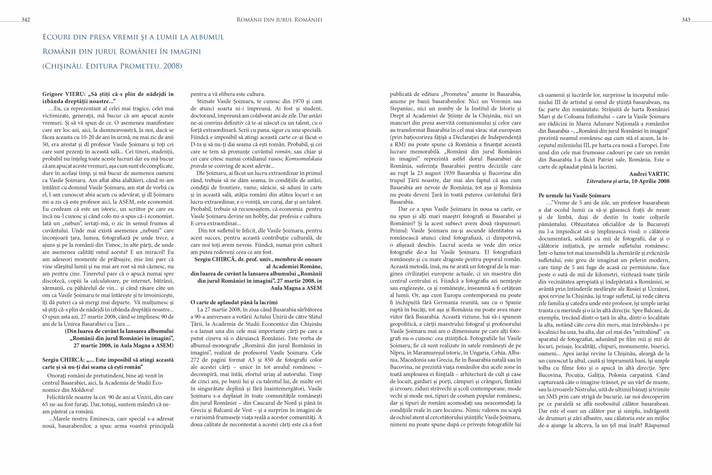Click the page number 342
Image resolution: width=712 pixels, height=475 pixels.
25,20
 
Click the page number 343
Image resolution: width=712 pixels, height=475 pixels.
686,20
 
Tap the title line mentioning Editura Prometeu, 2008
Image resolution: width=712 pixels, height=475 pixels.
112,66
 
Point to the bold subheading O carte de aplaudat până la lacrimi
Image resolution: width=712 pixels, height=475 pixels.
234,302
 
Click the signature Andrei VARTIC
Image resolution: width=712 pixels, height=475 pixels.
649,174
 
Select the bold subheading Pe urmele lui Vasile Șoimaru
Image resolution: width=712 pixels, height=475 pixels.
574,195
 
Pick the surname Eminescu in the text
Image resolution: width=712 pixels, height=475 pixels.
91,419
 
